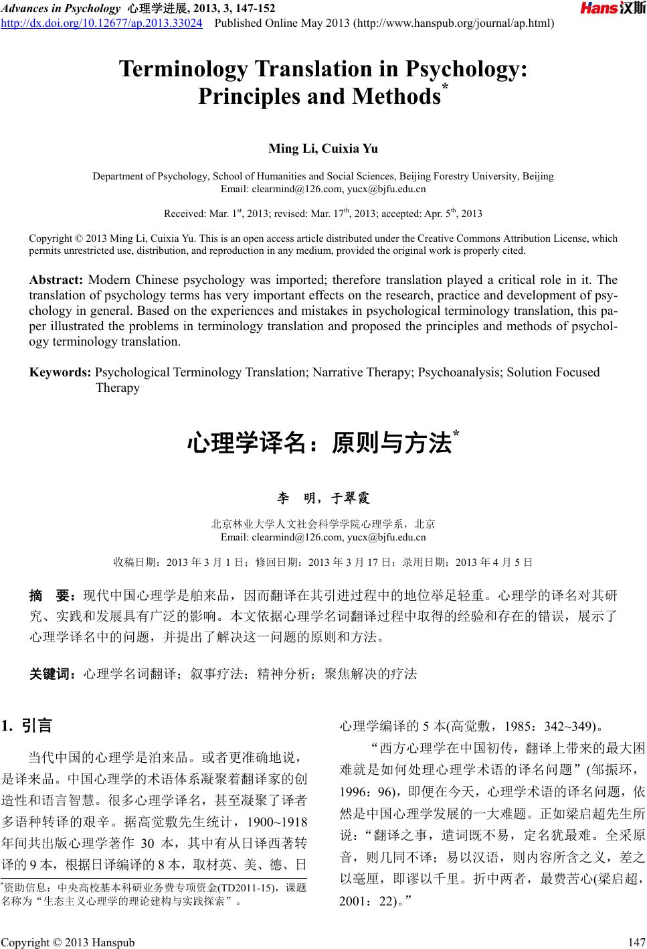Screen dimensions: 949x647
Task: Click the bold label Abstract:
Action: [x=56, y=280]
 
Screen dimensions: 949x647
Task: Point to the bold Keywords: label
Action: [x=60, y=372]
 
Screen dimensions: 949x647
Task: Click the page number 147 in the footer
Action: [x=636, y=943]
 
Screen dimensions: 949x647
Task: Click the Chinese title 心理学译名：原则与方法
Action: [x=319, y=443]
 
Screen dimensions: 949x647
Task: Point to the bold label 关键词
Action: [x=53, y=674]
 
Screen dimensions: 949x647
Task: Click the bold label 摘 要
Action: [x=53, y=596]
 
